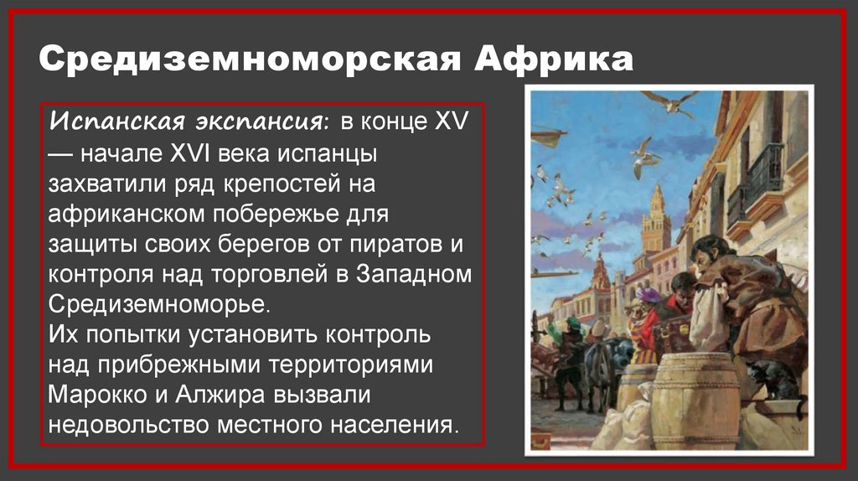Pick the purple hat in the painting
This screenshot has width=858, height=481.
[x=647, y=295]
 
